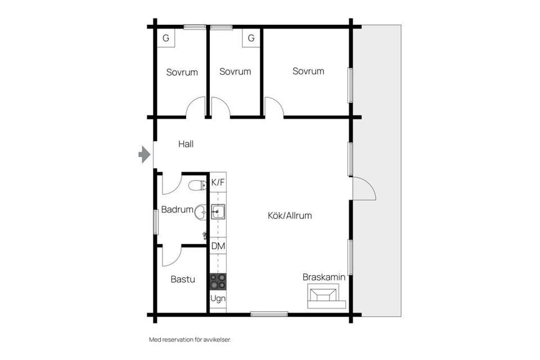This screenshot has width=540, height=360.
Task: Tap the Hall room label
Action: (186, 144)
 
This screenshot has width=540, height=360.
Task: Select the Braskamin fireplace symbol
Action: (324, 295)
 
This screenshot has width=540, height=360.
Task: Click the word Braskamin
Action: (324, 277)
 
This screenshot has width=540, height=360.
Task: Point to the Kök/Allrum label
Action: (289, 215)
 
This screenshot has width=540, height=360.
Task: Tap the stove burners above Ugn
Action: (218, 280)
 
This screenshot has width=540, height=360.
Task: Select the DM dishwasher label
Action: (218, 246)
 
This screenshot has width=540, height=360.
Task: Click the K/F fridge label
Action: (218, 182)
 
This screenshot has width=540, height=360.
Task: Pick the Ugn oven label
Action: (218, 299)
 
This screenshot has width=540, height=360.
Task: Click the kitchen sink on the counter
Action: (218, 211)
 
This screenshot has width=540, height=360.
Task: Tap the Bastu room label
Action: (183, 279)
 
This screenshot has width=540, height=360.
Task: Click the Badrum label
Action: (177, 210)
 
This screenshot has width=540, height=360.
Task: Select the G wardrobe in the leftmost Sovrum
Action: (166, 38)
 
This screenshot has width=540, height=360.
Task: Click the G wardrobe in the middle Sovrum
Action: (251, 38)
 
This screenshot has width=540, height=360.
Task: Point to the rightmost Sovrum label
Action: (308, 71)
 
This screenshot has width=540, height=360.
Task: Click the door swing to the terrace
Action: (364, 188)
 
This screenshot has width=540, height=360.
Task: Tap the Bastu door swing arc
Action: (172, 256)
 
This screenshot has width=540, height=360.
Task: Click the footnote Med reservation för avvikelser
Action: (190, 340)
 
